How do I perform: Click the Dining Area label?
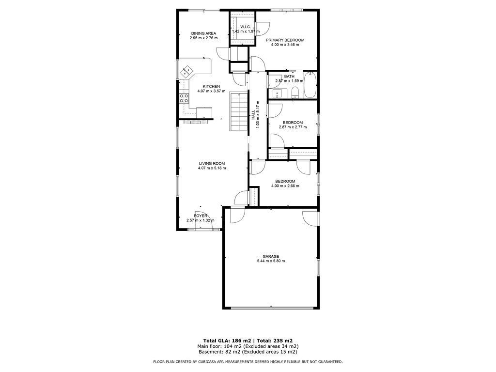point(203,33)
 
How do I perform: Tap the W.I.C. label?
point(246,27)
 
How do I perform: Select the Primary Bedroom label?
point(285,40)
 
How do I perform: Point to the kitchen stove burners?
point(184,98)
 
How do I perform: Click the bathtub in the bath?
point(310,85)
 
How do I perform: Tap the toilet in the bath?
point(295,92)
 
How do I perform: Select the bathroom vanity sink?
point(278,93)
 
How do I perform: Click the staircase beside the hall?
point(238,112)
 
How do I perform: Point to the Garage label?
point(271,257)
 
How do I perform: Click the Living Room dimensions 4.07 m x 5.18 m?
point(212,168)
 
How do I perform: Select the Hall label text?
point(253,114)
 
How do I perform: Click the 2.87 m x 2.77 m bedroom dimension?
point(293,127)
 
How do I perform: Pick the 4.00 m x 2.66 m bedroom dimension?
point(285,186)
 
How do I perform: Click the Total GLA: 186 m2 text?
point(227,341)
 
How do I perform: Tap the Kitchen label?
point(211,87)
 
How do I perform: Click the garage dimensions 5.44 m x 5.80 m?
point(271,261)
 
